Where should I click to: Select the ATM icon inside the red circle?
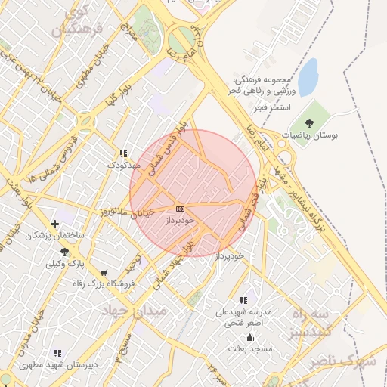click(x=180, y=208)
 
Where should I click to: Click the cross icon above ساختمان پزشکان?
click(x=54, y=224)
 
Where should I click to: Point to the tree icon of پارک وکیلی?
click(x=64, y=252)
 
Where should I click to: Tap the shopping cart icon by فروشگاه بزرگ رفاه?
click(x=104, y=272)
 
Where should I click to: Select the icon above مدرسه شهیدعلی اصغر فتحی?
click(x=243, y=300)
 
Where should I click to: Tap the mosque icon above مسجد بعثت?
click(x=250, y=337)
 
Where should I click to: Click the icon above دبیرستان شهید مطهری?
click(x=57, y=353)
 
